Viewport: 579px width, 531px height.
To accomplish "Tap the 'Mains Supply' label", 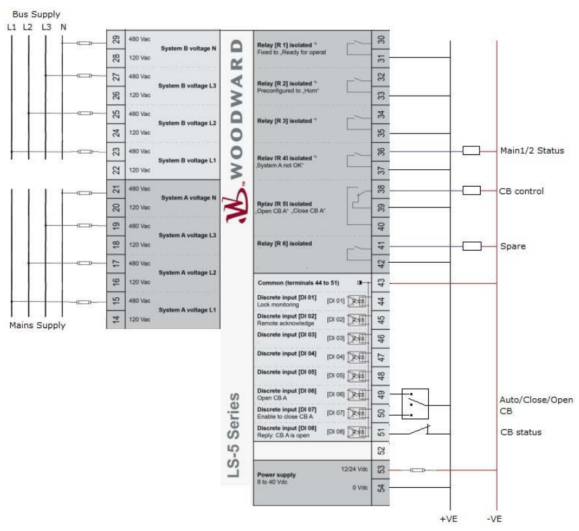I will [x=37, y=325].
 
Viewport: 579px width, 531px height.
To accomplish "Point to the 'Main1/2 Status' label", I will [x=531, y=150].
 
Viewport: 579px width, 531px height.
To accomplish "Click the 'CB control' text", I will [x=521, y=191].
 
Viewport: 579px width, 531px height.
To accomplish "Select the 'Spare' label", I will [x=512, y=247].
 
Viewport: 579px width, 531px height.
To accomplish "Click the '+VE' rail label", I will [x=449, y=519].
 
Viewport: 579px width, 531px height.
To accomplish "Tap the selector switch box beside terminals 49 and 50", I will [x=414, y=404].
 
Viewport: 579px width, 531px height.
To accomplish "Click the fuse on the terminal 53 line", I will [x=417, y=470].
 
